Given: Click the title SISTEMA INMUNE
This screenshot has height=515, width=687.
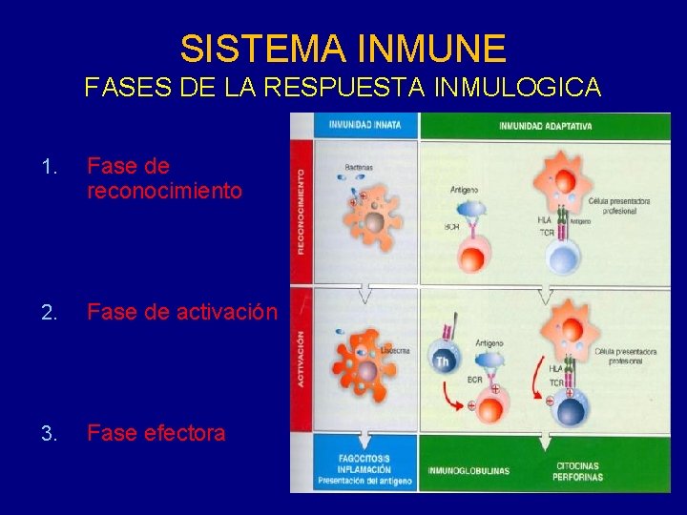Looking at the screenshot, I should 343,47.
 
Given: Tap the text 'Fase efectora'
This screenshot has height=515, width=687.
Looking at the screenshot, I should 156,433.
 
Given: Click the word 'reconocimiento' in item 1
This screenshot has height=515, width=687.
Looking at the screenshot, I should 164,191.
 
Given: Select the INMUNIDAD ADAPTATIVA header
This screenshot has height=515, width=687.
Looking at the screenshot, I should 546,125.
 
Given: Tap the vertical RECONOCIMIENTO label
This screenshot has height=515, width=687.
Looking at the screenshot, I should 301,212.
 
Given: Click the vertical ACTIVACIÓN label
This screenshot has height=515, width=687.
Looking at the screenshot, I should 301,359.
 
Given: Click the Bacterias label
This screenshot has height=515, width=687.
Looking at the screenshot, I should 359,167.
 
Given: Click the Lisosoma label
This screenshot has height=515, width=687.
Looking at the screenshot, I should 396,350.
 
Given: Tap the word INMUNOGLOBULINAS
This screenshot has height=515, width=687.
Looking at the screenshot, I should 468,470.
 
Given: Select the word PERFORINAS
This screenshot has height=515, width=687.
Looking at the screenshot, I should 579,477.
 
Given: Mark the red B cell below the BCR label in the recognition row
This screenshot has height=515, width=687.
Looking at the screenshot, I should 474,256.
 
